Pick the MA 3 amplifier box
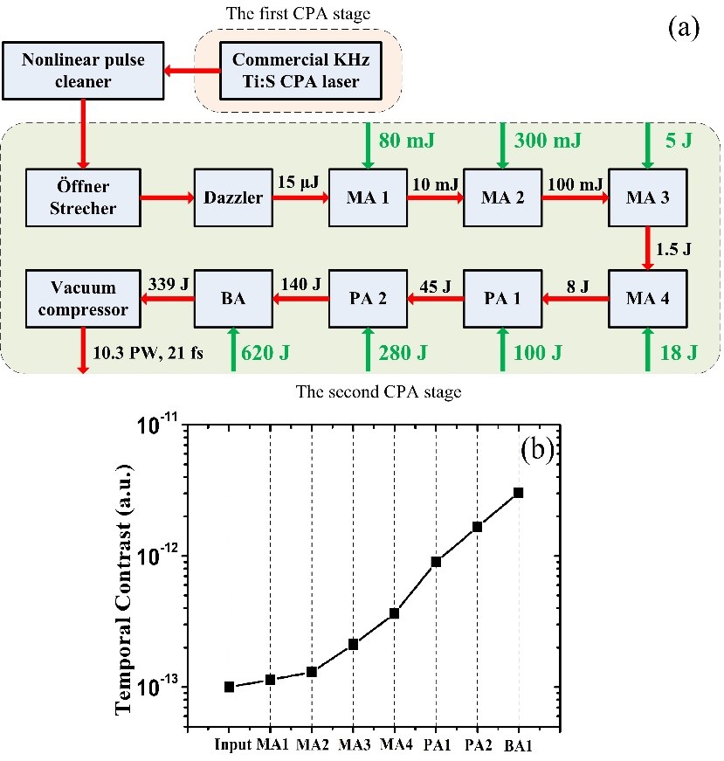[647, 197]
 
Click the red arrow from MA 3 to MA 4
[647, 248]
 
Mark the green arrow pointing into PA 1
[504, 349]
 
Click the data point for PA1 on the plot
[436, 562]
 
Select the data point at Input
[229, 687]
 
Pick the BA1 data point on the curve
[519, 493]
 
